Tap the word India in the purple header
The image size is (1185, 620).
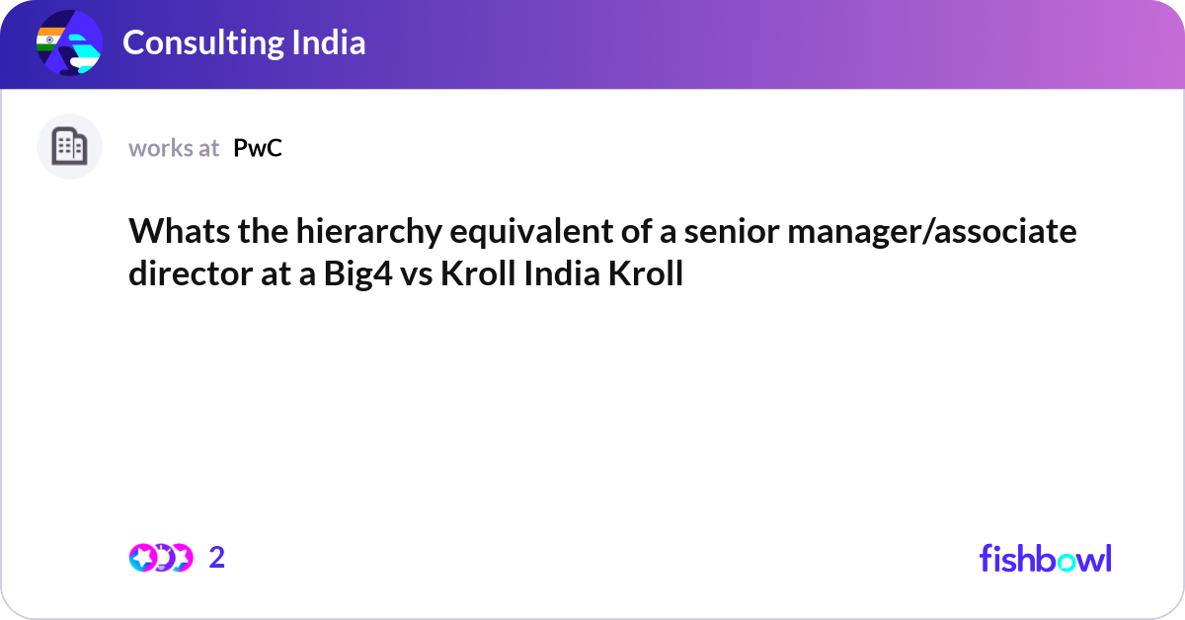331,42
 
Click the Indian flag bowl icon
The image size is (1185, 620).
69,44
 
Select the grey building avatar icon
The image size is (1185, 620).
69,147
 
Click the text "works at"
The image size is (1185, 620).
174,148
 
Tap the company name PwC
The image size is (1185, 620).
258,148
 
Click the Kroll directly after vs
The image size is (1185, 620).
477,273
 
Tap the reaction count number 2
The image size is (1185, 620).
217,558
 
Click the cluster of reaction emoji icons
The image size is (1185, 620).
160,558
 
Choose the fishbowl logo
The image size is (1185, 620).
1045,558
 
